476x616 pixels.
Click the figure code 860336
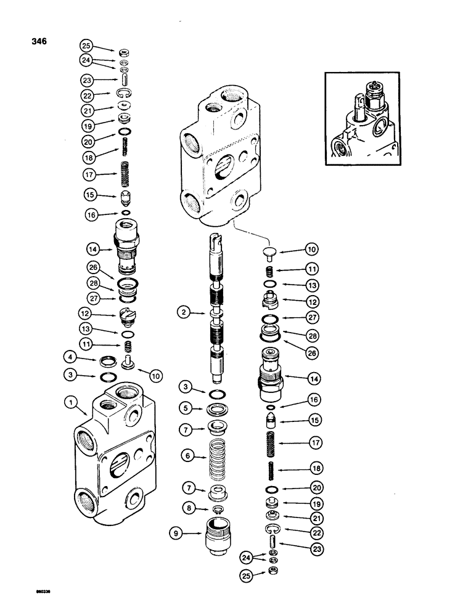[37, 598]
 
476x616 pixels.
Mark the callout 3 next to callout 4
[71, 374]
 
